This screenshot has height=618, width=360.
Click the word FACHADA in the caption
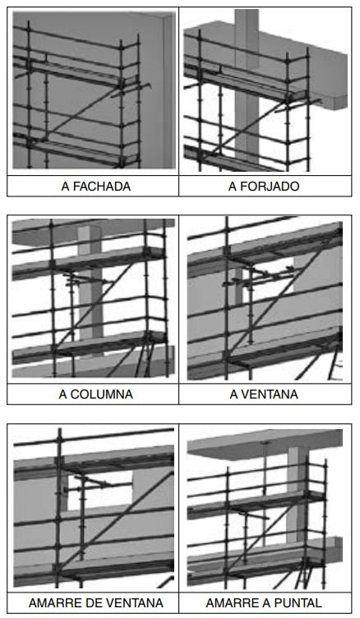[x=102, y=186]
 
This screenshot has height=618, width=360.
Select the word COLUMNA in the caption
[x=101, y=394]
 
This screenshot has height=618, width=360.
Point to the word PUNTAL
[x=298, y=602]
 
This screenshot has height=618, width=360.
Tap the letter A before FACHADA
[x=66, y=186]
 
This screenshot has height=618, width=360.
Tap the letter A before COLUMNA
[x=63, y=394]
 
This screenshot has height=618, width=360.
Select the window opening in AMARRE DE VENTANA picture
[x=99, y=492]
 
